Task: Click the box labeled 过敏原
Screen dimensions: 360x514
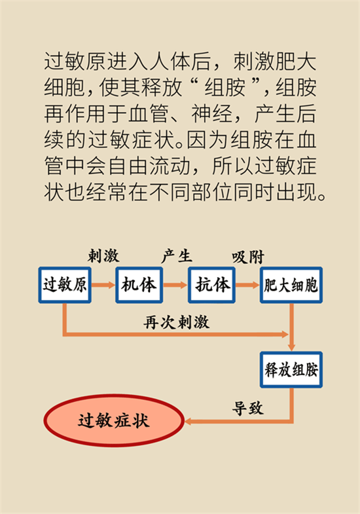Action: click(x=65, y=285)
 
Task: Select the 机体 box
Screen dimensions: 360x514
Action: click(x=139, y=285)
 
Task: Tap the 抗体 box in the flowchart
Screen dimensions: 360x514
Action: click(x=211, y=285)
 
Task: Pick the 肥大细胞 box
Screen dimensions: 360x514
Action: click(x=291, y=285)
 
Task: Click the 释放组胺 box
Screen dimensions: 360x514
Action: click(x=291, y=370)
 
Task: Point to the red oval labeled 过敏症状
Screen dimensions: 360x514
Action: click(x=114, y=420)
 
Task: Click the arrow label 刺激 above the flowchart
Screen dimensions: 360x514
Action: click(x=103, y=256)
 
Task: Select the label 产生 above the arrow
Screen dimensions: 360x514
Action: click(x=177, y=256)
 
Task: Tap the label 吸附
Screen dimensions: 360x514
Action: click(x=248, y=257)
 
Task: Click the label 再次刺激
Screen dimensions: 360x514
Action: click(x=176, y=322)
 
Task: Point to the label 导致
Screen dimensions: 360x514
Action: click(x=247, y=408)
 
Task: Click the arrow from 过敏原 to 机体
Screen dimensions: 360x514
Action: click(x=103, y=285)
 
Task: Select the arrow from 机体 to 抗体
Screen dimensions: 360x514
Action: click(x=175, y=285)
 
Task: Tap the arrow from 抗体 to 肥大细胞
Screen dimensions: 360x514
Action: click(x=247, y=285)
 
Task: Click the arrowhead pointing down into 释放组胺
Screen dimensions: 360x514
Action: click(x=291, y=348)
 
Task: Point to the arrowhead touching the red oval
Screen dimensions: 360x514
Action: click(x=189, y=421)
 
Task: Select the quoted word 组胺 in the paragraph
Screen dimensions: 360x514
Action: click(x=225, y=88)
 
